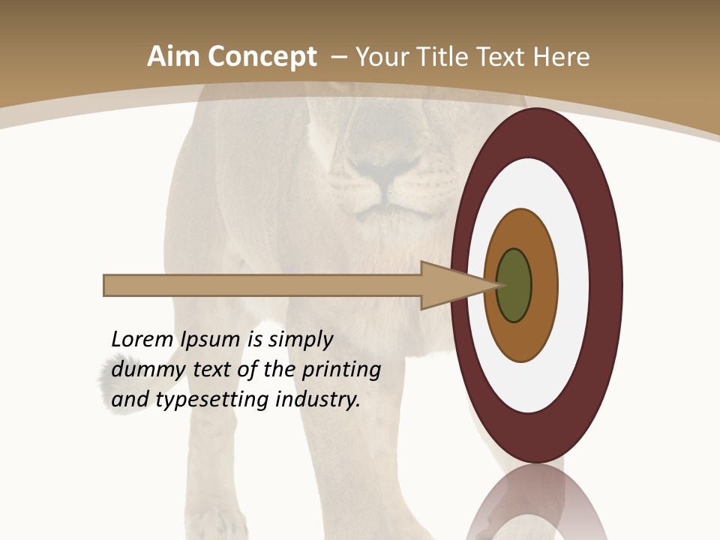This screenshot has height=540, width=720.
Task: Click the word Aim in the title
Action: coord(173,57)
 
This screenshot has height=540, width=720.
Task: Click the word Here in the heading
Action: coord(561,57)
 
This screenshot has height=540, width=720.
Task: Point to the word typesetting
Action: coord(212,400)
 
